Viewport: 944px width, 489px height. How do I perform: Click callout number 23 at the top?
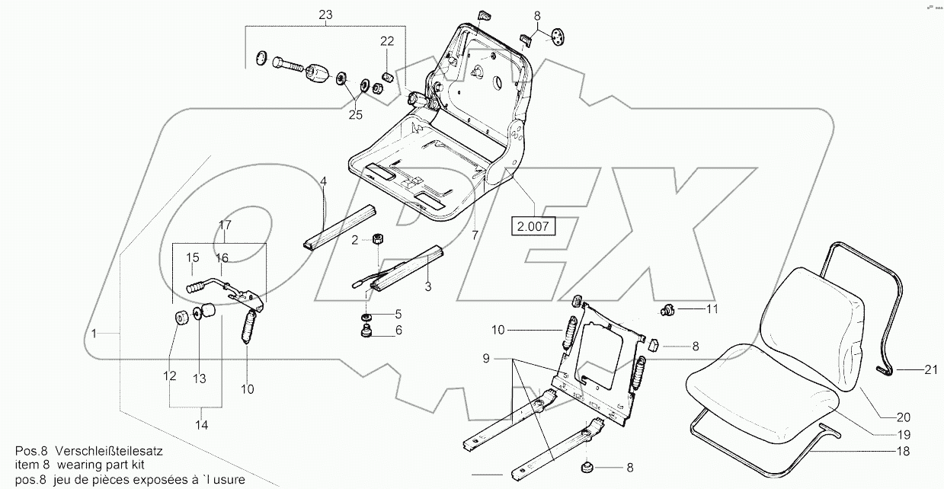(x=326, y=15)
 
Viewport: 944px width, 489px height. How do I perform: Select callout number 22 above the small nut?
(x=387, y=41)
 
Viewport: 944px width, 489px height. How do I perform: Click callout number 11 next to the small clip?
(x=712, y=308)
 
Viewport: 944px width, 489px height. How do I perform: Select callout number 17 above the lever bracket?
(x=226, y=225)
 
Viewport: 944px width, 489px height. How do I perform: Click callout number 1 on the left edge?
(x=94, y=333)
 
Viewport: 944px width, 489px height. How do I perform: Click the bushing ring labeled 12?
(x=181, y=318)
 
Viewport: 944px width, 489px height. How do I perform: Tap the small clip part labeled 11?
(x=668, y=309)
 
